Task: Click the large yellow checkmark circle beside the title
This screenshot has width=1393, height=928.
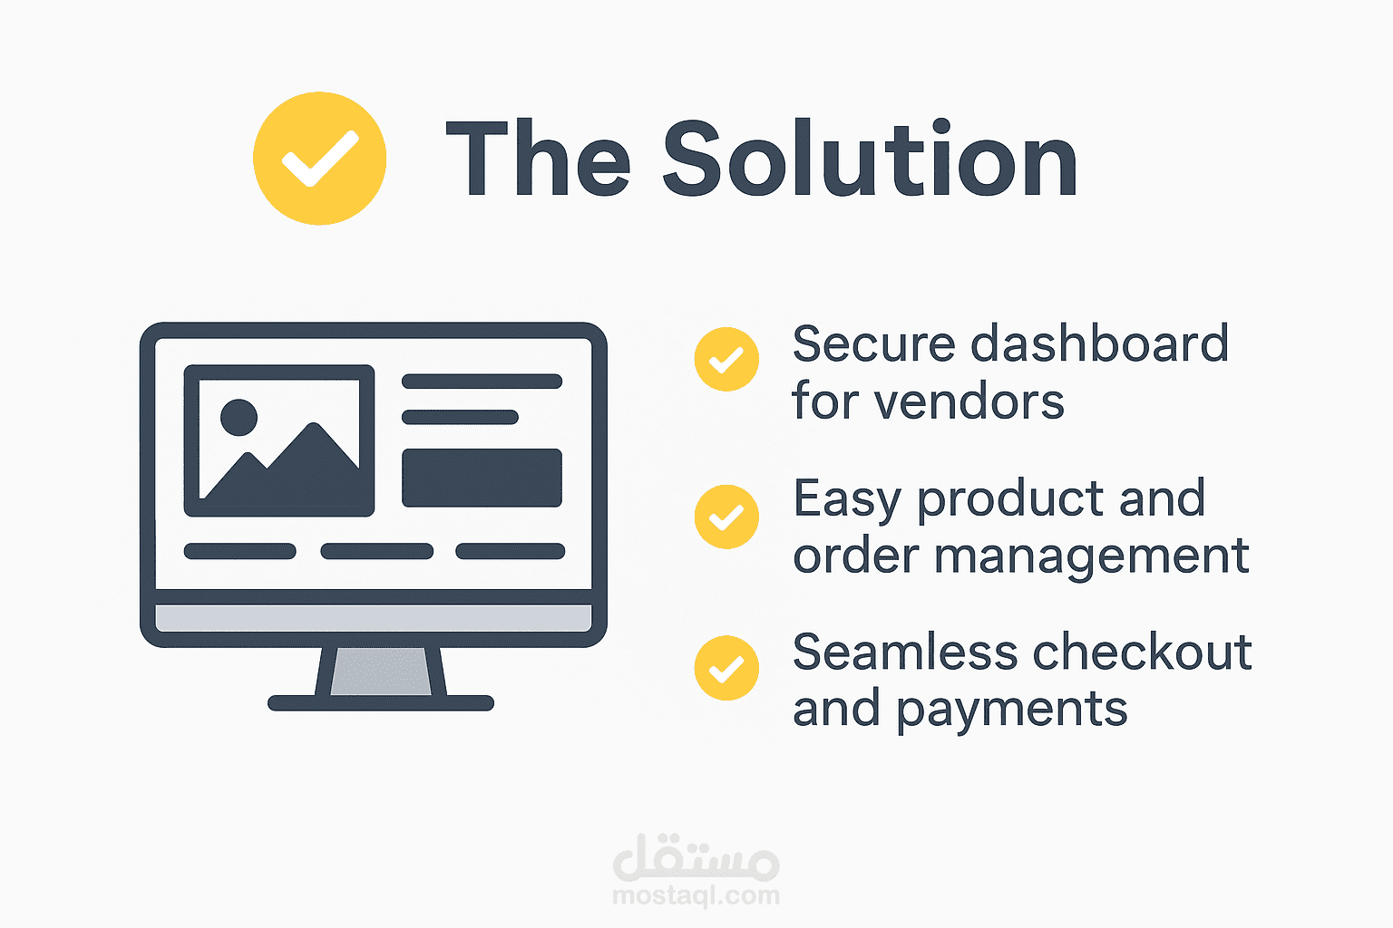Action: point(319,159)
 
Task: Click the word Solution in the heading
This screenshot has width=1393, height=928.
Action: point(871,158)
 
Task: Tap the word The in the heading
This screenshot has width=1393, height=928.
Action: point(539,158)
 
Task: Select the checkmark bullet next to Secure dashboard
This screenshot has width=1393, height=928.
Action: point(726,359)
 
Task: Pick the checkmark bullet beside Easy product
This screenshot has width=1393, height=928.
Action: point(726,517)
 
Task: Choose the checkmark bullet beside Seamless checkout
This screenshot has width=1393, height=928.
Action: point(726,668)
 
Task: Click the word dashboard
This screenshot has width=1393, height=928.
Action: point(1099,343)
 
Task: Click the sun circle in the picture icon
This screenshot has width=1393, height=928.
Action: point(239,417)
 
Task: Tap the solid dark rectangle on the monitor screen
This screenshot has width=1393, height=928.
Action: point(482,478)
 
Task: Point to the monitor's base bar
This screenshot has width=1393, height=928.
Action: point(381,703)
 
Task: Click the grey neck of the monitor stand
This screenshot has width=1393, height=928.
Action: point(381,672)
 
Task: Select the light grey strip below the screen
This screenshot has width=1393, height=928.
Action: point(373,618)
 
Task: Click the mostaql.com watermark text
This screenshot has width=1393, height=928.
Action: point(696,895)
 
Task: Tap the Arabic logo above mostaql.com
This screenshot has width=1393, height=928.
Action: point(696,857)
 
